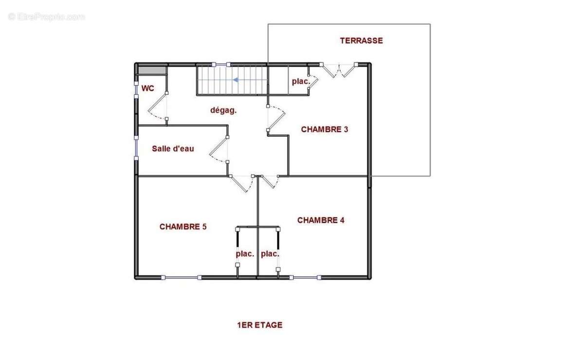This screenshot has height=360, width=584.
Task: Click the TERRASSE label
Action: tap(361, 41)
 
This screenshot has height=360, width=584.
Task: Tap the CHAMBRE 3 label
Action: tap(325, 129)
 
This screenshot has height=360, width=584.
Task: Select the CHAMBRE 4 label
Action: tap(321, 220)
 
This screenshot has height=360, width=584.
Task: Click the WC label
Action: tap(148, 89)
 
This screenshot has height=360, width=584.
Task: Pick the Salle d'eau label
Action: tap(173, 149)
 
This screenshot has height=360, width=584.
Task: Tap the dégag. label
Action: tap(223, 110)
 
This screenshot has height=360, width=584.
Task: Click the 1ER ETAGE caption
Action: tap(259, 325)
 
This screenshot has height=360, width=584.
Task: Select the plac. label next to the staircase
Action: tap(301, 82)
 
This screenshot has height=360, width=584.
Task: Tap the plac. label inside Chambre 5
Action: tap(245, 254)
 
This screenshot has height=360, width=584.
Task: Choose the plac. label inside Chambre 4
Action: tap(270, 254)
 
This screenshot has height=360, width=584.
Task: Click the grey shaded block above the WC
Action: tap(151, 70)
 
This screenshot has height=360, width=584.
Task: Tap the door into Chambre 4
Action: tap(270, 182)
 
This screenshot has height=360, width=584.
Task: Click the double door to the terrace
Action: tap(339, 71)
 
